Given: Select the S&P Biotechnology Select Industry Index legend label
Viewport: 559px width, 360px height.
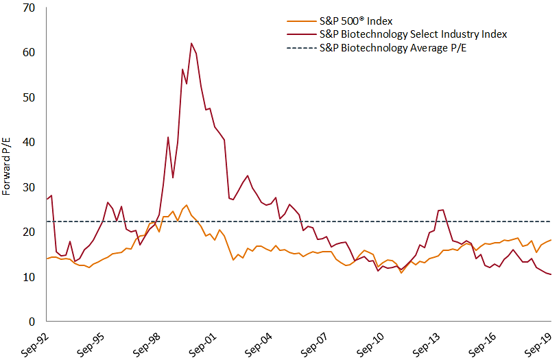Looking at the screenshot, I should [x=414, y=34].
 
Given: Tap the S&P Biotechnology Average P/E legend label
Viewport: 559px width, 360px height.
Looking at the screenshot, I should [x=399, y=48].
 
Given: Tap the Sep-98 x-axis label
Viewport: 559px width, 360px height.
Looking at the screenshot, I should [x=149, y=343].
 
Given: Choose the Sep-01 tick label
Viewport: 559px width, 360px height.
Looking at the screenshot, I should [x=204, y=343].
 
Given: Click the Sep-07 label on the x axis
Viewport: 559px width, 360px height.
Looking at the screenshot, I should [x=316, y=343].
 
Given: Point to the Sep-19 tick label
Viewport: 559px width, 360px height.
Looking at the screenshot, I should [x=538, y=343].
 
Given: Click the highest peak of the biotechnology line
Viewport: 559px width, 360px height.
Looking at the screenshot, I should [x=191, y=43].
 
